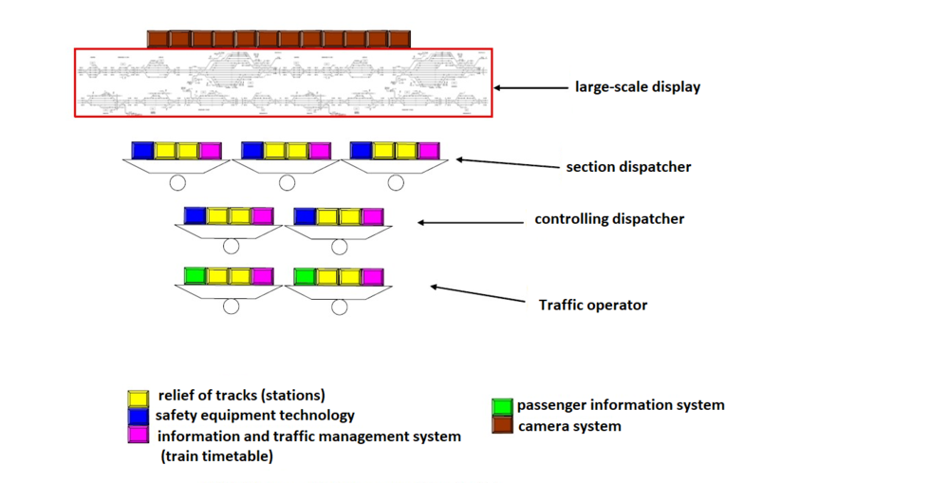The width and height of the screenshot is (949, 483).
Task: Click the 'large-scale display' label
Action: pos(637,87)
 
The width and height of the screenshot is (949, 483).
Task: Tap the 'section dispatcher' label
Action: pos(628,167)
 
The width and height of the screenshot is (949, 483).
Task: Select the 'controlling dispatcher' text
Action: pos(609,219)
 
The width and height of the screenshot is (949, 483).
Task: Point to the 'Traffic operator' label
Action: pos(593,305)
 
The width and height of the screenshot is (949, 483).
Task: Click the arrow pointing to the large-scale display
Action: pos(528,88)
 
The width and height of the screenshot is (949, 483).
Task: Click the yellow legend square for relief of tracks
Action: pos(139,398)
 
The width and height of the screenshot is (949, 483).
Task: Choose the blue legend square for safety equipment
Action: pos(139,416)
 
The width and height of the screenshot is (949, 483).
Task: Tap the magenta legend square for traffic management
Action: pos(139,435)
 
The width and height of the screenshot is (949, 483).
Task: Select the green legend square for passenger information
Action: pos(502,406)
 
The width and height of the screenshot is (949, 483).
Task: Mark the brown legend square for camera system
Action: pos(502,424)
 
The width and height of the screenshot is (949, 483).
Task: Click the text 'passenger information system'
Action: pos(621,405)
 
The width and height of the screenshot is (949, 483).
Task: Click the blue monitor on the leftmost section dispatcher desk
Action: pos(142,150)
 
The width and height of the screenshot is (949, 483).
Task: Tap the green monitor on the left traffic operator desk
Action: pos(195,275)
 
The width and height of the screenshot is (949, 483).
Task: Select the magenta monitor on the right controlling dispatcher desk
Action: pos(372,216)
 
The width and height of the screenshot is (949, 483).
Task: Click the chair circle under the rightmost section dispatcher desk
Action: pos(396,182)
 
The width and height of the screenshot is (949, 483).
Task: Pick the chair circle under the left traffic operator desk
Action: pos(231,306)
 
